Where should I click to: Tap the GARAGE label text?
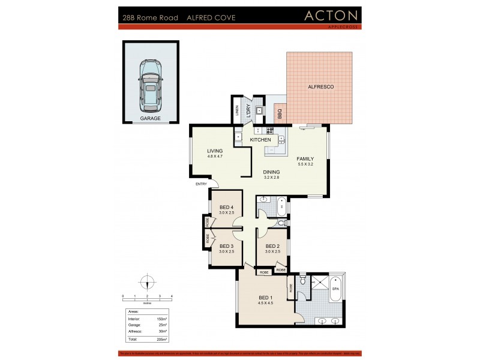point(150,119)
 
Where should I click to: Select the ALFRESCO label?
point(320,88)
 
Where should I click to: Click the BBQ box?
point(280,112)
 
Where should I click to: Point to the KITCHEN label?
point(260,140)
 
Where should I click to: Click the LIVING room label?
point(215,151)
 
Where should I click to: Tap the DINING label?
point(271,172)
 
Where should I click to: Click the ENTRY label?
point(201,184)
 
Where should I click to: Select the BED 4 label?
point(226,207)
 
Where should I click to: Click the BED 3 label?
point(226,246)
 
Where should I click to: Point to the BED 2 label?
point(272,246)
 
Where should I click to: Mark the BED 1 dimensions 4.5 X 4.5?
point(265,303)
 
